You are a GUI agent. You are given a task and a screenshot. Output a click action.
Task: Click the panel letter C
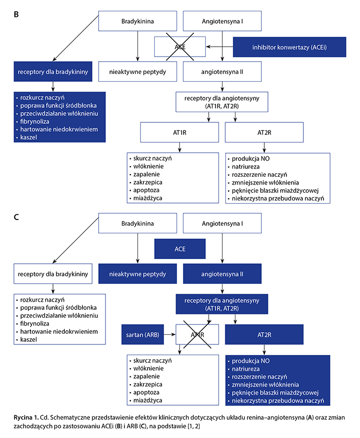[16, 217]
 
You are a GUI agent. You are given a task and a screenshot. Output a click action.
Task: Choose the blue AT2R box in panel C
[264, 334]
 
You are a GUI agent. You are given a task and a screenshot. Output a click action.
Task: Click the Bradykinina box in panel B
[138, 22]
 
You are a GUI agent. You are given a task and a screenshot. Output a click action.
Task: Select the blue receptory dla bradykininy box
[53, 72]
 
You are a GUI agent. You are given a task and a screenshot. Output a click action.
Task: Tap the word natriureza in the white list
[248, 167]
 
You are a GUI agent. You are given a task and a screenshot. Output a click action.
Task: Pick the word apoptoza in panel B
[146, 190]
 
